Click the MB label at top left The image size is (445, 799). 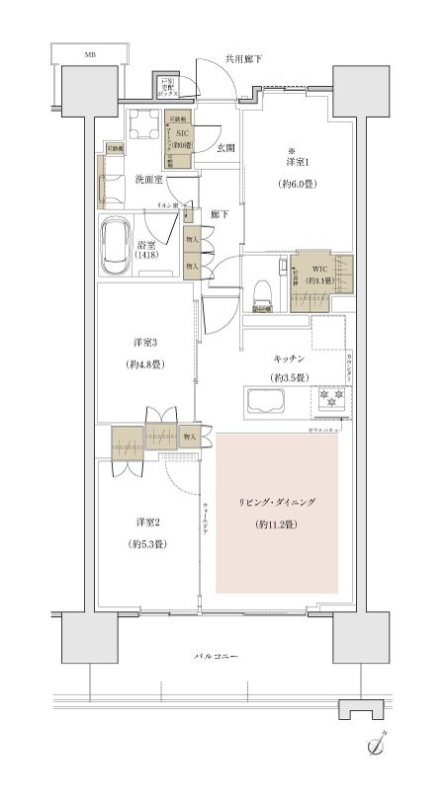[90, 54]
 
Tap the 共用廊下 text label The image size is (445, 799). [242, 59]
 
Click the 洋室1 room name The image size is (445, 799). [299, 161]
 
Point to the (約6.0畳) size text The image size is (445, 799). [299, 184]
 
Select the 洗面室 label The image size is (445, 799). [149, 179]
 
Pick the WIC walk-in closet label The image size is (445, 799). [318, 268]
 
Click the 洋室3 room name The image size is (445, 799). [146, 343]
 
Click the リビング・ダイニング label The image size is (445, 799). [277, 503]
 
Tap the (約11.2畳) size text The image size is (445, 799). [277, 524]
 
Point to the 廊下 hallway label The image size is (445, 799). [220, 214]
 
